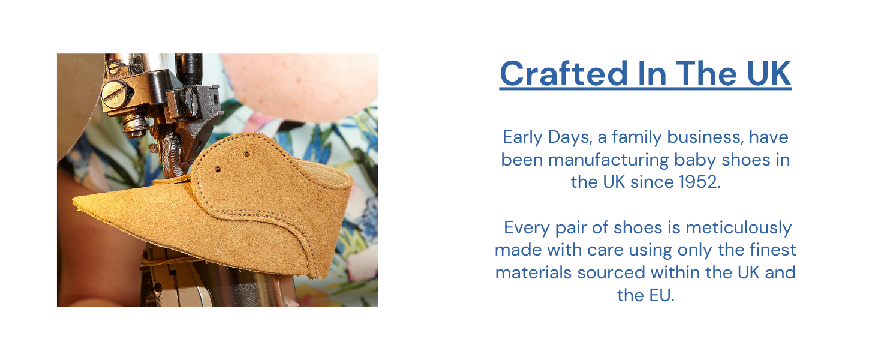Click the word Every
[525, 228]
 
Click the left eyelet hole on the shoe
[218, 170]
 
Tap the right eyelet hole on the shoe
[246, 154]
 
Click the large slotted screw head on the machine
[112, 91]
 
